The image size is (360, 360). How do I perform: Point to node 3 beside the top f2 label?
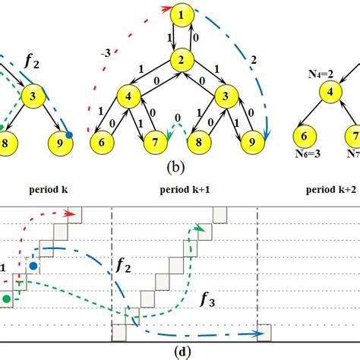34,96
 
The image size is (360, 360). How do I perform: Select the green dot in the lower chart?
8,300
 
